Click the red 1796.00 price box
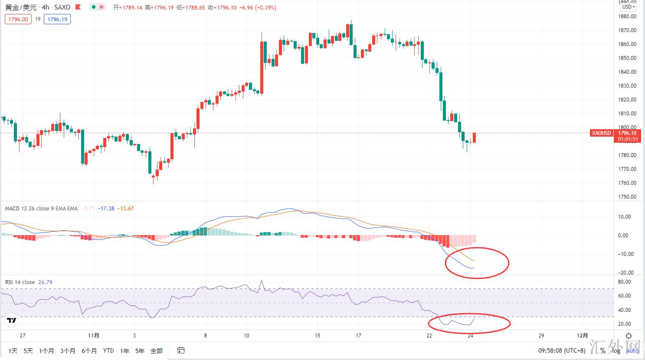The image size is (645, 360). click(x=18, y=19)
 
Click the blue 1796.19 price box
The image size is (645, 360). click(x=57, y=19)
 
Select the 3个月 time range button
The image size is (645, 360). click(x=68, y=350)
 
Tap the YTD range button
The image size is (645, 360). click(x=108, y=350)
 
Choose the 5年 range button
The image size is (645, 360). click(x=140, y=350)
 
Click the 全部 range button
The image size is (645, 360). click(x=157, y=350)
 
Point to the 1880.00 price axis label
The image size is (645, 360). click(x=627, y=16)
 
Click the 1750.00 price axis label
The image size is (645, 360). click(x=627, y=197)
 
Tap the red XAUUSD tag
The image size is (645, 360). click(x=602, y=133)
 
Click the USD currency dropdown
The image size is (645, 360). click(x=629, y=7)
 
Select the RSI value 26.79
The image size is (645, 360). click(x=45, y=282)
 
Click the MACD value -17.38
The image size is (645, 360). click(x=106, y=209)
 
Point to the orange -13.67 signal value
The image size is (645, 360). click(x=126, y=209)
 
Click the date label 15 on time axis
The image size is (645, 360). click(x=318, y=336)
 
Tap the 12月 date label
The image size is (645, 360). click(x=583, y=336)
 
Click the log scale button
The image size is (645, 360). click(x=616, y=351)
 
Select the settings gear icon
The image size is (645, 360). click(x=629, y=336)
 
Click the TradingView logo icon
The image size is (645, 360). click(x=12, y=321)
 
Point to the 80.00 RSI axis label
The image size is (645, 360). click(x=624, y=282)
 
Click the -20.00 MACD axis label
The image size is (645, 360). click(x=625, y=273)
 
